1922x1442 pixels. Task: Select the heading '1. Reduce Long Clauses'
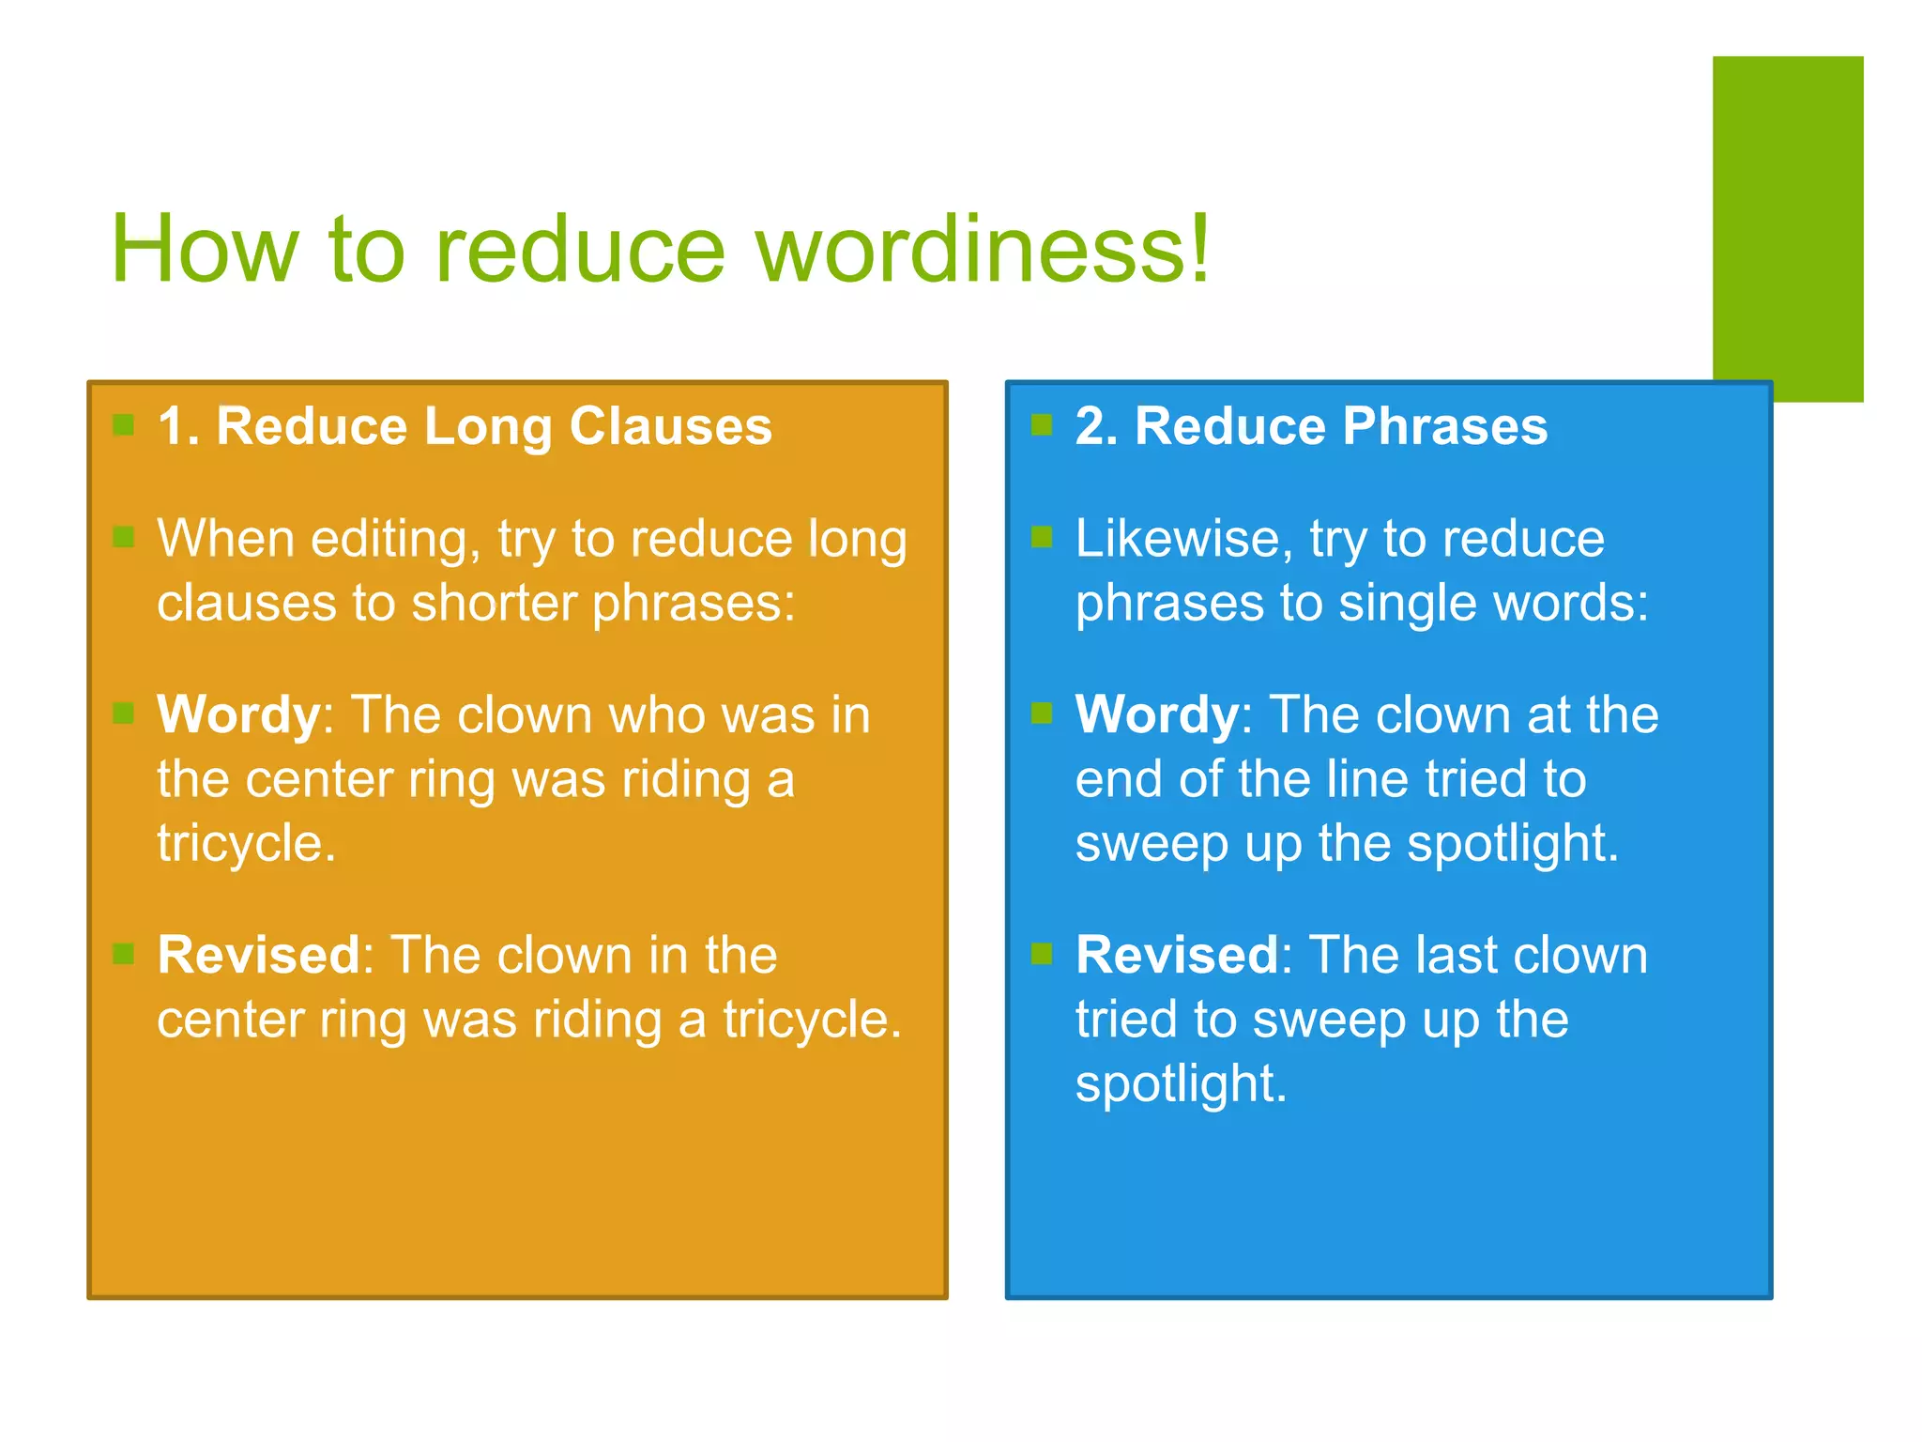pyautogui.click(x=465, y=426)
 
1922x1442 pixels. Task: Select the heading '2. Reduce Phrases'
pyautogui.click(x=1311, y=426)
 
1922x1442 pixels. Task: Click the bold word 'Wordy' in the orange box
pyautogui.click(x=238, y=716)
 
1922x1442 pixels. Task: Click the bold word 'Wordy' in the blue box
pyautogui.click(x=1157, y=716)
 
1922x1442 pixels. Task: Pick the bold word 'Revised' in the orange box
pyautogui.click(x=259, y=956)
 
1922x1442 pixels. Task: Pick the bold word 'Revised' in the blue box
pyautogui.click(x=1177, y=956)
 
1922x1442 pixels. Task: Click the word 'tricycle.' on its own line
pyautogui.click(x=246, y=843)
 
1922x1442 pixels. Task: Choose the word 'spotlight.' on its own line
pyautogui.click(x=1181, y=1084)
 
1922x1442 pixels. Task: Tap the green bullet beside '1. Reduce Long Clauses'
pyautogui.click(x=123, y=425)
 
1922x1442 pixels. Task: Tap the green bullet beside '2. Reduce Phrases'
pyautogui.click(x=1041, y=425)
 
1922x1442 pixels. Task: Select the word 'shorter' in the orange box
pyautogui.click(x=494, y=604)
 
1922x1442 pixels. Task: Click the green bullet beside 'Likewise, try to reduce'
pyautogui.click(x=1041, y=537)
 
